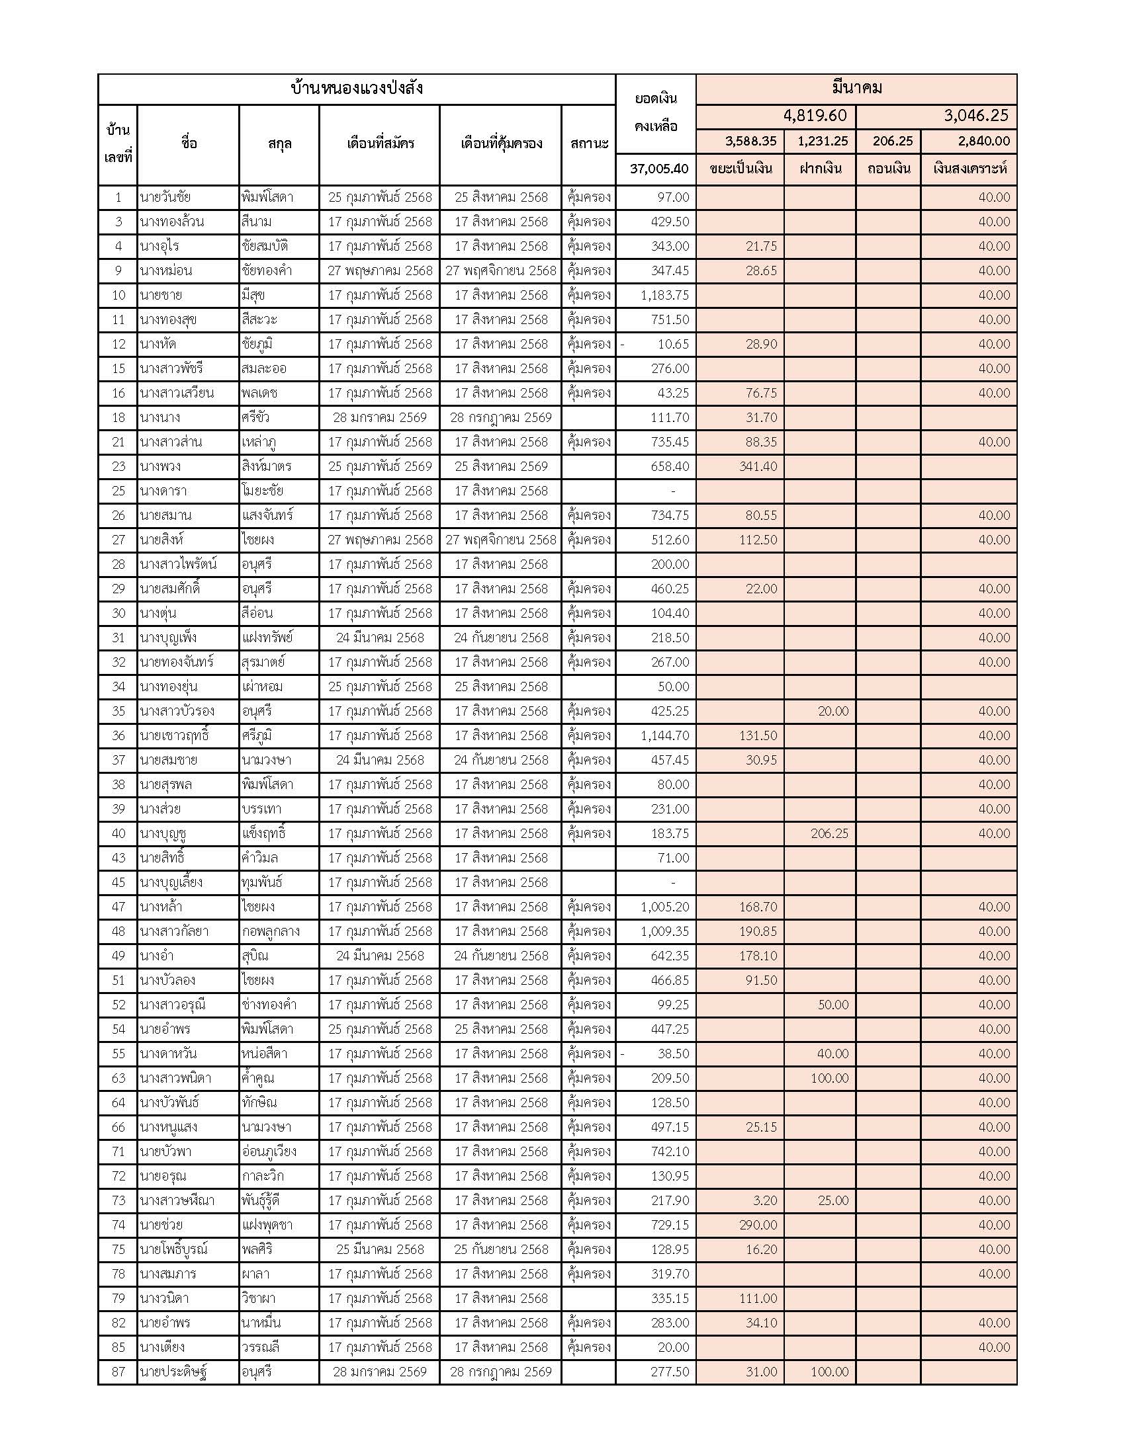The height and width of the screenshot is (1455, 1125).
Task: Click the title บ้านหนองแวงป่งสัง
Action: point(357,89)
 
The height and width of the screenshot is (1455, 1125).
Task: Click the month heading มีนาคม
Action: point(856,88)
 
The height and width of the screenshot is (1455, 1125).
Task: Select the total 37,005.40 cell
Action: point(658,169)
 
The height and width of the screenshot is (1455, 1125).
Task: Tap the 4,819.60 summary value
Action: point(815,116)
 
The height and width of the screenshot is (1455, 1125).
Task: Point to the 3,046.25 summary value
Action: point(975,116)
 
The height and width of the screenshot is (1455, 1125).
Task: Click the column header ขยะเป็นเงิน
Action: point(741,169)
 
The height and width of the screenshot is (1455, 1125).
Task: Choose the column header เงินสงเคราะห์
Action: point(969,169)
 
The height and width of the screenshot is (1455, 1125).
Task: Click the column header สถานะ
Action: point(589,144)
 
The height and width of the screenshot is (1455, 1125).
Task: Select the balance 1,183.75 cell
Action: point(664,295)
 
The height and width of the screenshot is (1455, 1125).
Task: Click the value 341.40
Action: point(758,466)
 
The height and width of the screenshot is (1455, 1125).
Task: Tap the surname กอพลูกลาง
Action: point(271,931)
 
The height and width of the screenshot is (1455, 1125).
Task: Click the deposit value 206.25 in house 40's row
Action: point(829,833)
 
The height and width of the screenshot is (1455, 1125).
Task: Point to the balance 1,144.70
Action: point(664,735)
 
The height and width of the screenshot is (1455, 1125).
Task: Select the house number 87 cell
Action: point(118,1372)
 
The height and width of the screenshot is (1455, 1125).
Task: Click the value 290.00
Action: point(758,1224)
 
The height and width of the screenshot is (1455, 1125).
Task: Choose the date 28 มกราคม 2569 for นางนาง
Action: point(380,418)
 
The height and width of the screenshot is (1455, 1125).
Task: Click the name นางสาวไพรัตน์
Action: point(178,564)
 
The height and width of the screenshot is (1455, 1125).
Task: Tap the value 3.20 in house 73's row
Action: point(764,1200)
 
